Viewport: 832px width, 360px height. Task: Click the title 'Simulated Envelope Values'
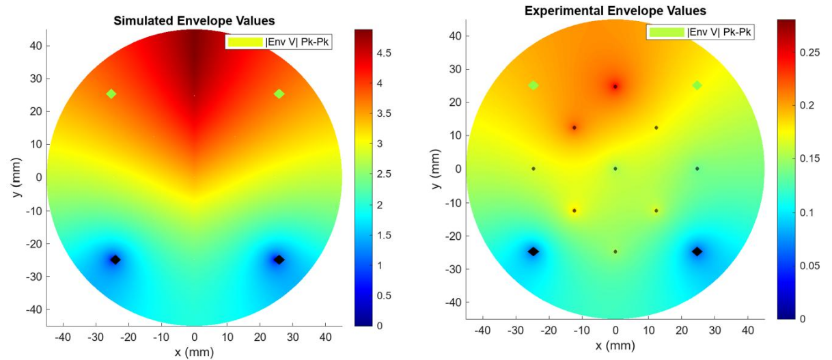[195, 21]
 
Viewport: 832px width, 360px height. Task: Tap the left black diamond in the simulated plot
[115, 260]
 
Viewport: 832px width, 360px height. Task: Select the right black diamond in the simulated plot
[279, 260]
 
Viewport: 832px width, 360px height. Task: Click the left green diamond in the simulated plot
[111, 94]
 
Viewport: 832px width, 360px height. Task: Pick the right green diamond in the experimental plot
[697, 85]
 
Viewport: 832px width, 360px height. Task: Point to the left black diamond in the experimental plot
[533, 251]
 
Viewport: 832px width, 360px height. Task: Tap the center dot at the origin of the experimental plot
[615, 169]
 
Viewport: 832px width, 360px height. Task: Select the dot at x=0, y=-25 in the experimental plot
[615, 251]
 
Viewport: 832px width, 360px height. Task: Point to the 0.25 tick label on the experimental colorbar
[805, 73]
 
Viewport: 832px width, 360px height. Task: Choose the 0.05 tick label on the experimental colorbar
[805, 266]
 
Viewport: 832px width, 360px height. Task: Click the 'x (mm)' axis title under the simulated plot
[195, 351]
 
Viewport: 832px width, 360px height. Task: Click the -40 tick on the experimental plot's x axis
[483, 331]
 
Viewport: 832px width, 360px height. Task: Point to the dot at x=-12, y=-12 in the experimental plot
[574, 210]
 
